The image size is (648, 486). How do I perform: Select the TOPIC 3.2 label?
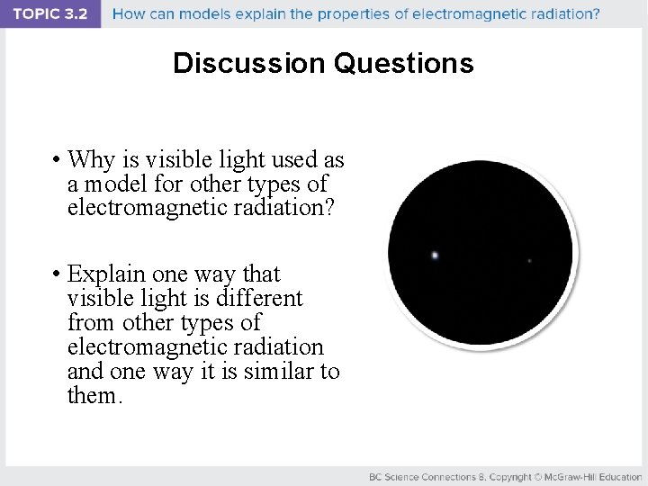[49, 13]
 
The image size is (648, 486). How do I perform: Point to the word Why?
[90, 160]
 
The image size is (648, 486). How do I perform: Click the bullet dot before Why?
[56, 161]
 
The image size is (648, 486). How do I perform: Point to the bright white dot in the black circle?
[435, 256]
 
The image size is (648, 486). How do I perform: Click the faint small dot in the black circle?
[529, 261]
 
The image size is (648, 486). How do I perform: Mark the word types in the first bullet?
[278, 184]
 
